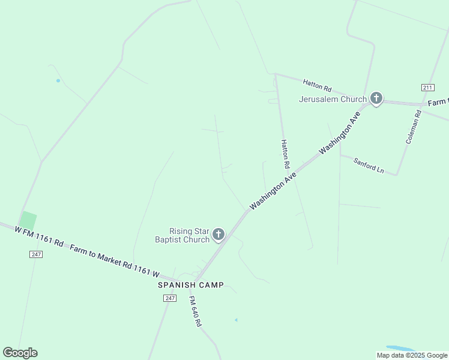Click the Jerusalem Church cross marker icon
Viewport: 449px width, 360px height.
click(376, 98)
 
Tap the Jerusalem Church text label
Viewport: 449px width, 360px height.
click(333, 99)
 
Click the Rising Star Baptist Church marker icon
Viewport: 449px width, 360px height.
click(218, 234)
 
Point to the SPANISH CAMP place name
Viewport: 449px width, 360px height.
click(190, 285)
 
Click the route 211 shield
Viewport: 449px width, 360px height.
click(427, 88)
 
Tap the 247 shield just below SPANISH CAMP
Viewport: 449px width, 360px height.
click(170, 298)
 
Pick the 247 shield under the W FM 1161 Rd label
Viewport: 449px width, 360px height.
click(36, 254)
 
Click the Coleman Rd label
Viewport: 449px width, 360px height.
click(414, 125)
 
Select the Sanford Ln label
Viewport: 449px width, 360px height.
click(368, 166)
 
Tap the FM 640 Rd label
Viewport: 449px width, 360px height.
click(195, 311)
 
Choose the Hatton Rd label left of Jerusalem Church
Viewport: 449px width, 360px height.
click(317, 85)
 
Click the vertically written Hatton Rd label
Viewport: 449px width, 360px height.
click(285, 154)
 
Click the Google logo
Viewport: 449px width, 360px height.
click(20, 353)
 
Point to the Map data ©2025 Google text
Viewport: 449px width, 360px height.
click(412, 355)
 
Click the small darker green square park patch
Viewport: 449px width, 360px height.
click(28, 220)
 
